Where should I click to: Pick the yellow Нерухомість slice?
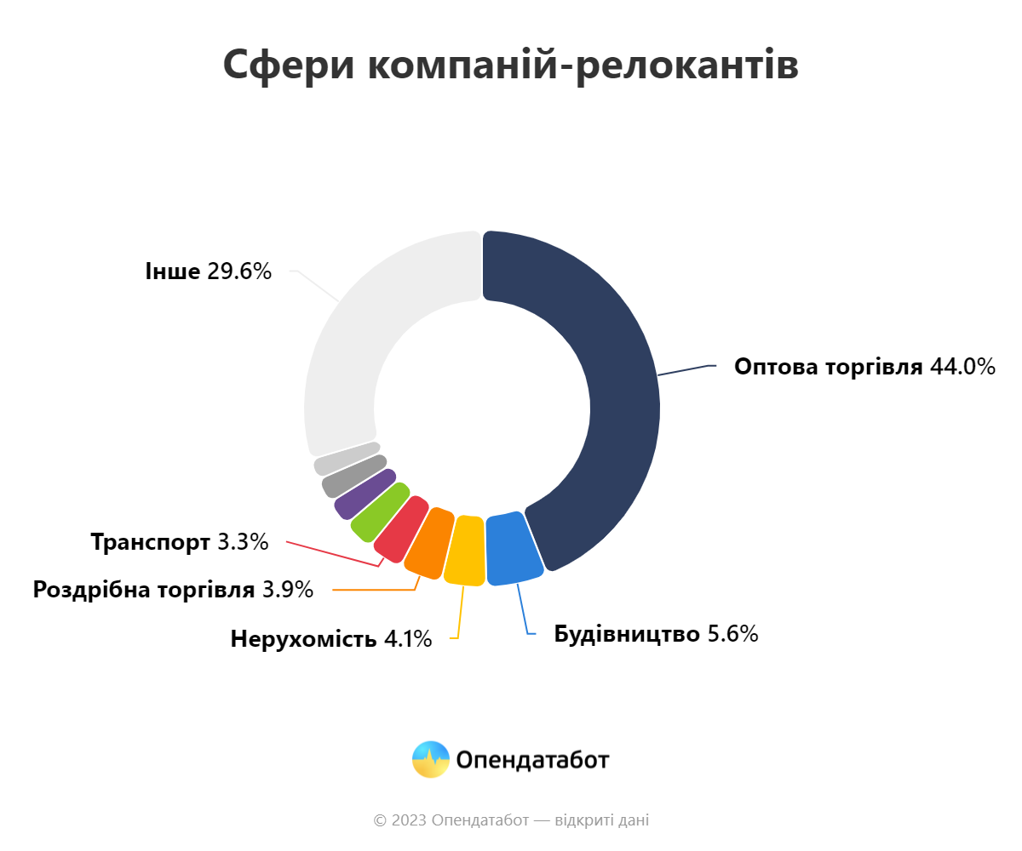point(466,551)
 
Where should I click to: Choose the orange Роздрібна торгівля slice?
point(428,543)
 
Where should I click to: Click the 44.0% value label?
point(962,367)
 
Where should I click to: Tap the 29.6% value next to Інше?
point(239,271)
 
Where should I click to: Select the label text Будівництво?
point(627,634)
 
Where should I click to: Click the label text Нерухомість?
point(303,638)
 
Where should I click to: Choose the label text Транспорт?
point(151,541)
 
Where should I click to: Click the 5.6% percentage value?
point(733,634)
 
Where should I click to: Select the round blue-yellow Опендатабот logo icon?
point(430,759)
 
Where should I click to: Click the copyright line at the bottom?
point(511,820)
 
